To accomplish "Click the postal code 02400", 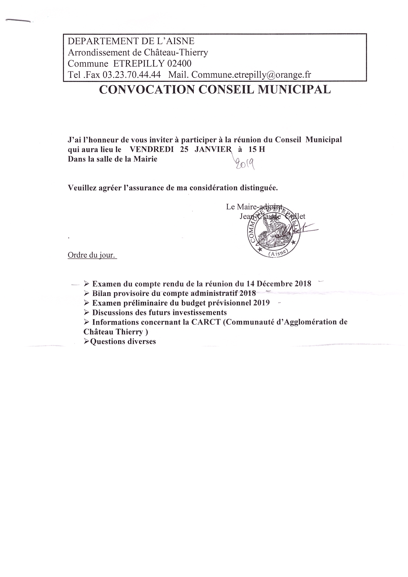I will click(x=179, y=64).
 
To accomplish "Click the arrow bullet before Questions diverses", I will click(x=86, y=341).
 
